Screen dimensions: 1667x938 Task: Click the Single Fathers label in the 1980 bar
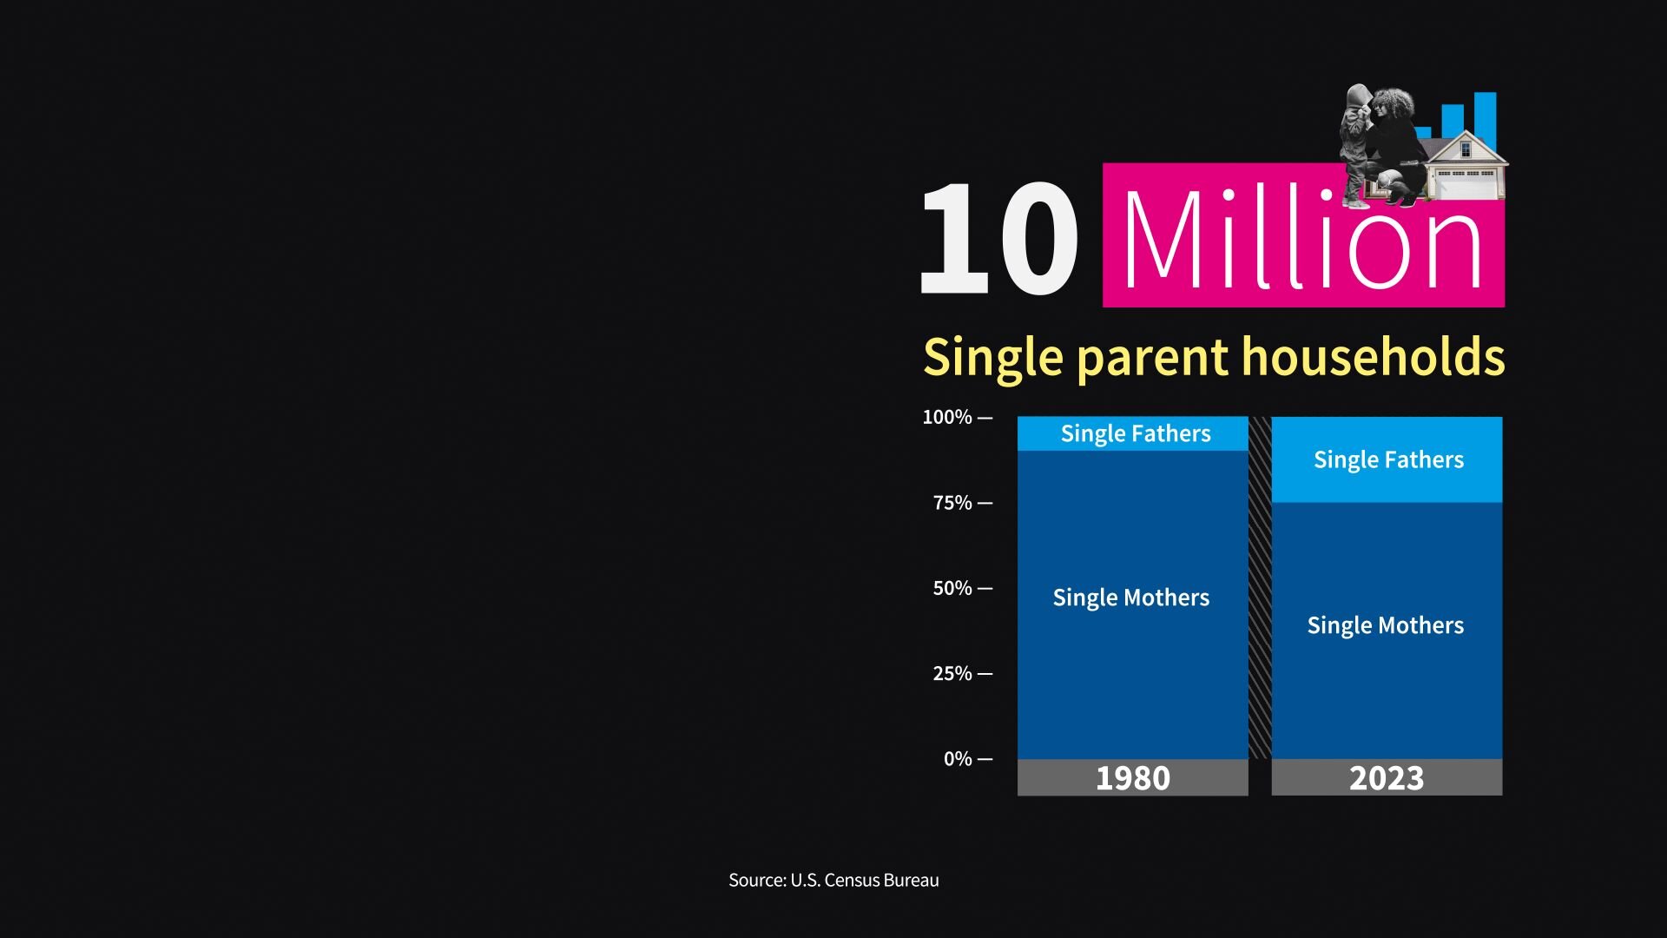point(1136,434)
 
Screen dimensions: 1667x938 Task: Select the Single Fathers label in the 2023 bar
point(1388,460)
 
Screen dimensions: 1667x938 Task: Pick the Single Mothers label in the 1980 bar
point(1130,598)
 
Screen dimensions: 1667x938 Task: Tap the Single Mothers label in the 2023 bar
point(1386,626)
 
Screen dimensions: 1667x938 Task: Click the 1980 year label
point(1132,778)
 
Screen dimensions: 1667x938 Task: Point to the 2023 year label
point(1387,778)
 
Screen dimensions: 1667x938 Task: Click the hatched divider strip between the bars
point(1260,588)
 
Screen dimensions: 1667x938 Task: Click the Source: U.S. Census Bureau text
point(833,881)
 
